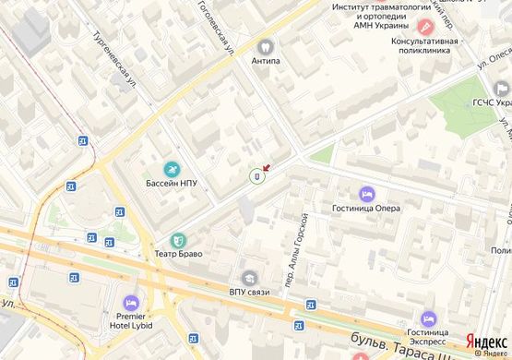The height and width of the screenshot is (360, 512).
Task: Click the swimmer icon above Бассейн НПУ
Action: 171,169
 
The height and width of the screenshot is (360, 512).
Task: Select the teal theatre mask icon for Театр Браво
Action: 178,239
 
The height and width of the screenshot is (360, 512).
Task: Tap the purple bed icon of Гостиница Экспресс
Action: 427,318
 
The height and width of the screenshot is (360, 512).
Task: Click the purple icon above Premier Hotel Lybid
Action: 130,301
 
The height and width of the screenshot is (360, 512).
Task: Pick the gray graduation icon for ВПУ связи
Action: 249,278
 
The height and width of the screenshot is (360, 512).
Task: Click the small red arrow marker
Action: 267,167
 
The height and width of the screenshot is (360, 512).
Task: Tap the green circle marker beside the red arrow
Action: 256,175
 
